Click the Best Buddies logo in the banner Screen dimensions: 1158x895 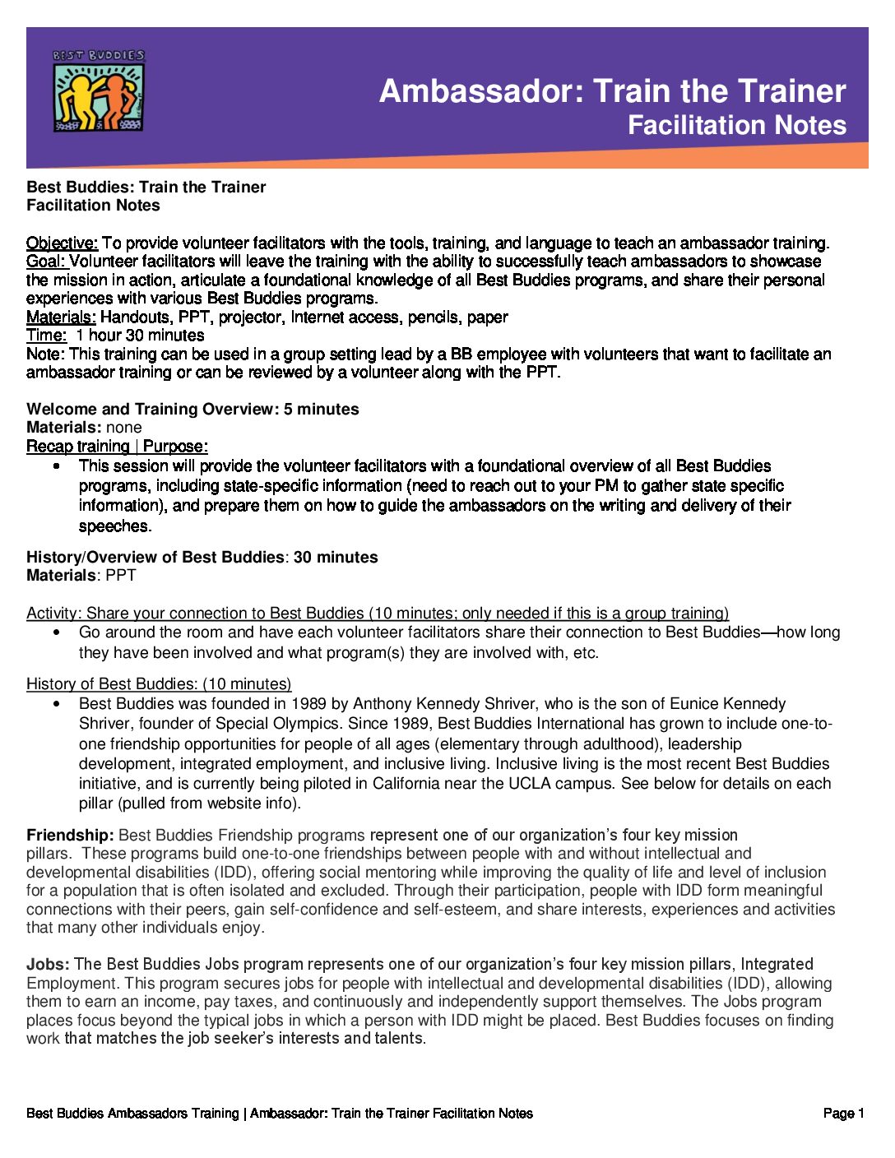pyautogui.click(x=98, y=90)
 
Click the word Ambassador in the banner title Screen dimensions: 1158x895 pyautogui.click(x=480, y=91)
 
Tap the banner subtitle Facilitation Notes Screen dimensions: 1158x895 pyautogui.click(x=736, y=125)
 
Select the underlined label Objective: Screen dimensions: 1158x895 pyautogui.click(x=62, y=243)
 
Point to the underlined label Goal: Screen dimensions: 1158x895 pyautogui.click(x=46, y=262)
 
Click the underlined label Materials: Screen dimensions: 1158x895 pyautogui.click(x=61, y=317)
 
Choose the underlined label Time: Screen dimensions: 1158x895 pyautogui.click(x=46, y=336)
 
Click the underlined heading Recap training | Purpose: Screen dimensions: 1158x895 pyautogui.click(x=117, y=447)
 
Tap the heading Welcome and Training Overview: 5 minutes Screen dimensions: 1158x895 pyautogui.click(x=192, y=409)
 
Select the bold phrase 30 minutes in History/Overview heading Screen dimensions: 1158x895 pyautogui.click(x=336, y=557)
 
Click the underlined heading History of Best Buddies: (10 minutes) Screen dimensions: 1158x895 pyautogui.click(x=159, y=683)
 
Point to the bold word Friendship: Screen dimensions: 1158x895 pyautogui.click(x=70, y=835)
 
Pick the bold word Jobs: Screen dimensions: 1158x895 pyautogui.click(x=48, y=964)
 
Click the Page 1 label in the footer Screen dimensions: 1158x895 pyautogui.click(x=843, y=1113)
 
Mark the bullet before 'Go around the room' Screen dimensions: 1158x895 pyautogui.click(x=56, y=632)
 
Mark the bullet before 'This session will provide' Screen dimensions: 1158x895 pyautogui.click(x=56, y=466)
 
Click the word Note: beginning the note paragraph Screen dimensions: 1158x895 pyautogui.click(x=45, y=354)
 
